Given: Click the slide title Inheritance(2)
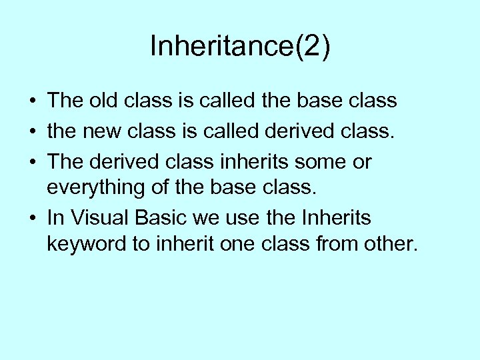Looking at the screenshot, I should [239, 47].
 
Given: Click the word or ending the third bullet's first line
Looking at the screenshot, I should [363, 162].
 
